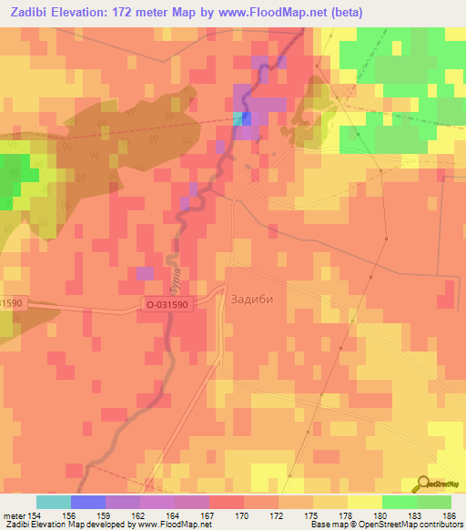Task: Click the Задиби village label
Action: click(x=253, y=298)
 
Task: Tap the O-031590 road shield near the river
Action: click(x=167, y=306)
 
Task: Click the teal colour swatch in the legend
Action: click(x=54, y=502)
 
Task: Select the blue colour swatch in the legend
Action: click(x=88, y=502)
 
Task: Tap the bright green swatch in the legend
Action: click(x=399, y=502)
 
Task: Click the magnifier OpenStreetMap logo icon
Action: click(x=424, y=484)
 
